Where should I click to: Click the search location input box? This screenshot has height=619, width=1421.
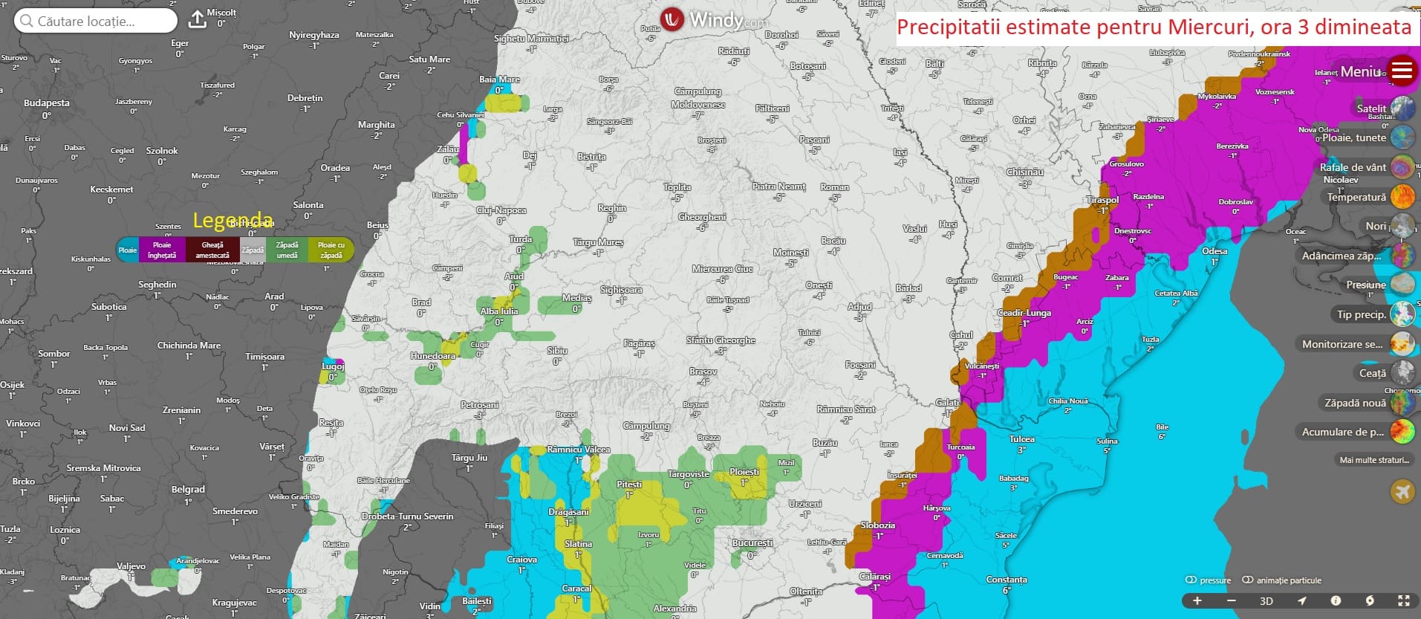pyautogui.click(x=95, y=21)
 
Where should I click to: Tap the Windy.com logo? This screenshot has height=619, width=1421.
pyautogui.click(x=712, y=19)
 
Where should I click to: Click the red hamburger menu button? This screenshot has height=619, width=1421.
pyautogui.click(x=1402, y=71)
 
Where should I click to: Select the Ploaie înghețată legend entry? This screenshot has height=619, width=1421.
pyautogui.click(x=162, y=250)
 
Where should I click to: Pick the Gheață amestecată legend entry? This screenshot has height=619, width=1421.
pyautogui.click(x=212, y=250)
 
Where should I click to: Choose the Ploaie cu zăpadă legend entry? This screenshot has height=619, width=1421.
pyautogui.click(x=331, y=250)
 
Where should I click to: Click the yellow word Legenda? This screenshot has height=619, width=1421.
pyautogui.click(x=233, y=220)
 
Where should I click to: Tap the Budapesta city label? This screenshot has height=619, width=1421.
pyautogui.click(x=47, y=103)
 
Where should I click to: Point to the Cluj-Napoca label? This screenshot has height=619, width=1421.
pyautogui.click(x=501, y=211)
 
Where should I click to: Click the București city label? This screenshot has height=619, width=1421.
pyautogui.click(x=752, y=543)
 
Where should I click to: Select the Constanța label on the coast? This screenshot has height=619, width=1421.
pyautogui.click(x=1007, y=580)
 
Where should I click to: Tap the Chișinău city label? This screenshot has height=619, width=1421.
pyautogui.click(x=1024, y=172)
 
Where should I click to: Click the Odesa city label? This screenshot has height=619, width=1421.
pyautogui.click(x=1214, y=251)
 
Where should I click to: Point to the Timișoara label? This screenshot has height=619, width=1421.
pyautogui.click(x=265, y=357)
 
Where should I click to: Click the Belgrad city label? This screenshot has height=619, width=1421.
pyautogui.click(x=188, y=490)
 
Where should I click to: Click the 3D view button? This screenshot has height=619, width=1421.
pyautogui.click(x=1266, y=601)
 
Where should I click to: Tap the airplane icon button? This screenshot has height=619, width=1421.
pyautogui.click(x=1402, y=491)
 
